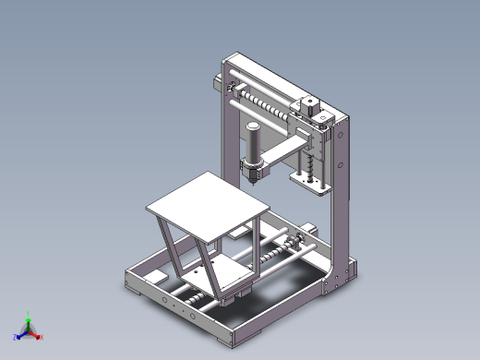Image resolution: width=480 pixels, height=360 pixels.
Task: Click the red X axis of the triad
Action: coord(38,337)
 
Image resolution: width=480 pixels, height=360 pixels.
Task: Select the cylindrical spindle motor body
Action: coord(252,143)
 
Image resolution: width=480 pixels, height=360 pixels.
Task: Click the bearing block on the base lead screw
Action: coord(298,245)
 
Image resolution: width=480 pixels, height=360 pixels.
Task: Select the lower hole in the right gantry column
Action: coord(341,167)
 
